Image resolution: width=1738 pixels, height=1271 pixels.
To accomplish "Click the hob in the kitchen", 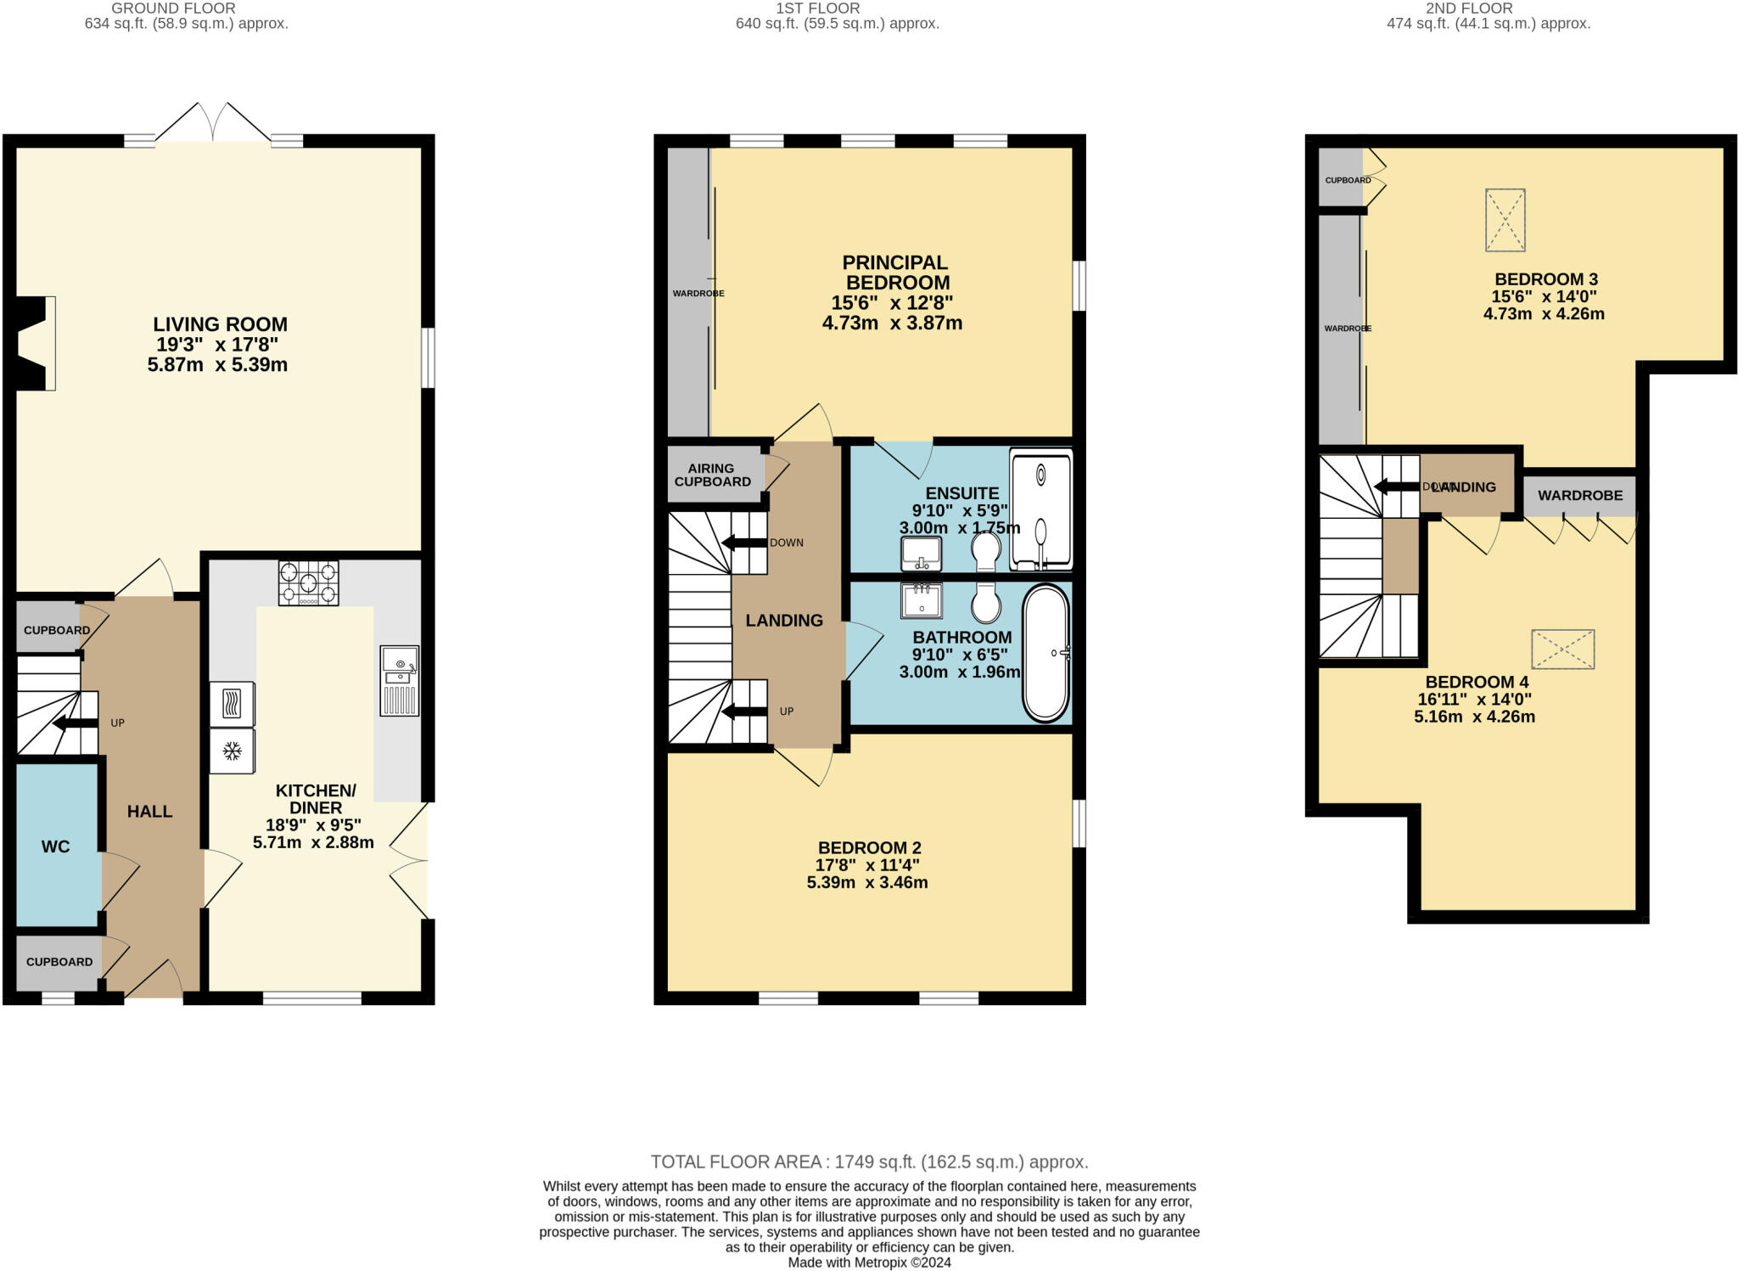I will point(308,582).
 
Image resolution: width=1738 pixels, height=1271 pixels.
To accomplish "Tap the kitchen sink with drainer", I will point(400,681).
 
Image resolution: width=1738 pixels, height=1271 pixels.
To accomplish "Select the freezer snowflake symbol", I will point(232,751).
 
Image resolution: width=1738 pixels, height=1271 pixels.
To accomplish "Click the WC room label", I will point(56,846).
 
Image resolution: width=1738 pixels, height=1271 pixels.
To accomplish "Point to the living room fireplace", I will point(34,343).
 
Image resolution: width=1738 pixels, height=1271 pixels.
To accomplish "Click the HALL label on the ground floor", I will point(149,812).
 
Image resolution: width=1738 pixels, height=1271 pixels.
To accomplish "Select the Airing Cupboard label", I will point(712,475).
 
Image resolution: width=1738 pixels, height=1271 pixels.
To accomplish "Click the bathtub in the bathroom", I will point(1046,653).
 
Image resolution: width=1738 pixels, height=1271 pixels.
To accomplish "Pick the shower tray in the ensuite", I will point(1041,509).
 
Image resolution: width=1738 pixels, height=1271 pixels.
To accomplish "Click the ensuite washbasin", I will point(921,554).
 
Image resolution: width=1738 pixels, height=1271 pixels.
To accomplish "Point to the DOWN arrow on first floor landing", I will point(744,543).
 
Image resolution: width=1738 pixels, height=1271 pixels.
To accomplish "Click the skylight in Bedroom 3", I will point(1505,220).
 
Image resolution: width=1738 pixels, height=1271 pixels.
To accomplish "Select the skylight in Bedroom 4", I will point(1562,650).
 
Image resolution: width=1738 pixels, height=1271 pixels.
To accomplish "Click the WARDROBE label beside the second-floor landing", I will point(1579,496).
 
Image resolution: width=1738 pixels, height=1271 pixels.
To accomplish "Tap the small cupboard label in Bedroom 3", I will point(1348,180).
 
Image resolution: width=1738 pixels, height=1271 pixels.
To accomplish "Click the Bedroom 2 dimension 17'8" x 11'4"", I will point(867,865).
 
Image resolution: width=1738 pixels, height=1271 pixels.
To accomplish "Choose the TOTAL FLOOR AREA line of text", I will point(869,1161).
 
